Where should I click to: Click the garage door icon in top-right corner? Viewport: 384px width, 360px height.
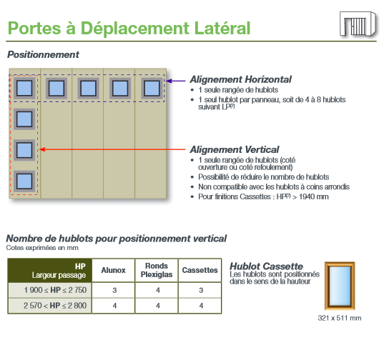click(358, 24)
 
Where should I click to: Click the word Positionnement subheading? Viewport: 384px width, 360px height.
click(43, 54)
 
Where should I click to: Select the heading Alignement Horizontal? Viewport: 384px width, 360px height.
click(240, 79)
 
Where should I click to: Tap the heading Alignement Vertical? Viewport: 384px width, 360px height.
click(235, 149)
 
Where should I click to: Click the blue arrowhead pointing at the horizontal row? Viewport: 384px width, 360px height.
click(169, 81)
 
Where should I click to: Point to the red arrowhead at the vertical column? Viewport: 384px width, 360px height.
click(42, 149)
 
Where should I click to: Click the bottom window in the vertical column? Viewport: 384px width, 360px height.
click(24, 181)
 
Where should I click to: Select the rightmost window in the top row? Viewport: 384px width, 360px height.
click(152, 88)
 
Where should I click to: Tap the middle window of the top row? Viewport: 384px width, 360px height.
click(88, 88)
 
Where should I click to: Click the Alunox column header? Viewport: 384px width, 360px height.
click(113, 270)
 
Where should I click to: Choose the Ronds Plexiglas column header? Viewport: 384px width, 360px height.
click(157, 270)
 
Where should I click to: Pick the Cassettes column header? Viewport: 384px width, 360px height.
click(200, 270)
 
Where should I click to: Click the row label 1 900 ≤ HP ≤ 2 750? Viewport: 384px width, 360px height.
click(55, 290)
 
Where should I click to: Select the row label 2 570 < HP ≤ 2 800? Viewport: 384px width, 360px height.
click(55, 306)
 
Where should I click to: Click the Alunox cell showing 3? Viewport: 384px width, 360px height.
click(114, 290)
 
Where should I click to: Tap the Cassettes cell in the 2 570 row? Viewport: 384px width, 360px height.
click(201, 306)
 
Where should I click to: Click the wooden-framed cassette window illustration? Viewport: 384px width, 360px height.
click(340, 286)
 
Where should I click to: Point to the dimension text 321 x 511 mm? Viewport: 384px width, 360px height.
click(340, 318)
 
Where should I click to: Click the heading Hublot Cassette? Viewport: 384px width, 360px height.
click(266, 266)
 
